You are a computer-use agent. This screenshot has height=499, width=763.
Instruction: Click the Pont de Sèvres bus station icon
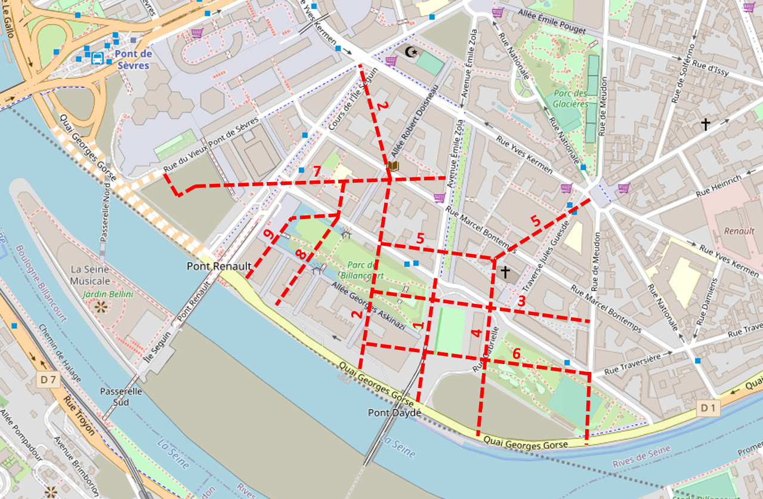pos(97,58)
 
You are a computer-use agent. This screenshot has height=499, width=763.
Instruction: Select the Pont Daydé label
pos(394,412)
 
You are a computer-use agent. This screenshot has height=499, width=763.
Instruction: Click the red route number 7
pos(317,171)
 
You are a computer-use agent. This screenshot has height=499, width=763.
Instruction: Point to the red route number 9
pos(269,236)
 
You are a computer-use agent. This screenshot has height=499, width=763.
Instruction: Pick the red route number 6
pos(517,353)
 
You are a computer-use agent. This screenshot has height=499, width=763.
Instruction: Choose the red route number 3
pos(521,301)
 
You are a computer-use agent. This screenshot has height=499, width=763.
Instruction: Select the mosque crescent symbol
pos(410,53)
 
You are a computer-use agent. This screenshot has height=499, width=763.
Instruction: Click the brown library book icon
pos(393,166)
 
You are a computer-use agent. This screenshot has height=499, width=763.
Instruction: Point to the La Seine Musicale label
pos(90,275)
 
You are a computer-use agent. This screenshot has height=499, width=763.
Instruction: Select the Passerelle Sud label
pos(121,397)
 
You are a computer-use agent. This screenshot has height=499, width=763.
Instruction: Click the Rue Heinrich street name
pos(719,186)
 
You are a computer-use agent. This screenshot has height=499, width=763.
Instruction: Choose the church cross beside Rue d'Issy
pos(706,124)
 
